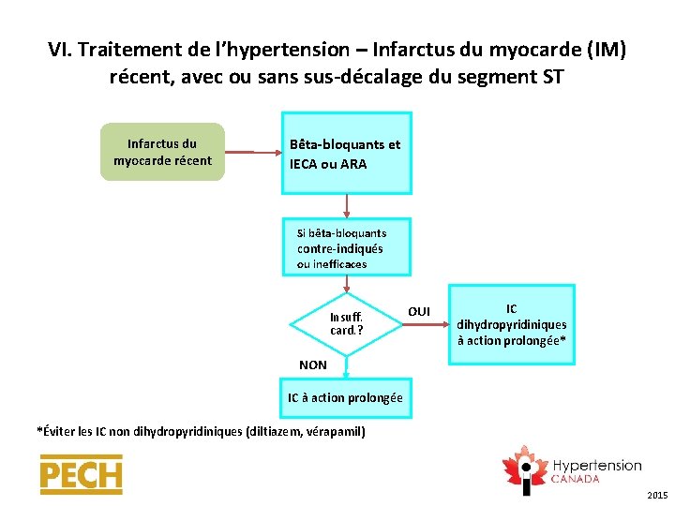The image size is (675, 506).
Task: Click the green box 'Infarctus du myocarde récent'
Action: click(x=162, y=152)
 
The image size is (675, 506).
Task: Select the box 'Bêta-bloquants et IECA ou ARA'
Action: click(x=346, y=154)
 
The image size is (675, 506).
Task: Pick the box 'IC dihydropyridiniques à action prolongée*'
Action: click(x=511, y=324)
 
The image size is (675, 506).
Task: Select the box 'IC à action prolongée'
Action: click(x=345, y=398)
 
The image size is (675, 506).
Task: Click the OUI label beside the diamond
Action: click(x=419, y=311)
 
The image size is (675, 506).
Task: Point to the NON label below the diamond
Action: click(x=312, y=365)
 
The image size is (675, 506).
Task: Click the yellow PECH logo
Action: click(x=81, y=475)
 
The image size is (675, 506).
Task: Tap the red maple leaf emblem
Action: click(x=525, y=469)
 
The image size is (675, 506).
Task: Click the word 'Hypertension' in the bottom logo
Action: click(x=596, y=466)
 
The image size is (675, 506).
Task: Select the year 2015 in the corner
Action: click(x=657, y=494)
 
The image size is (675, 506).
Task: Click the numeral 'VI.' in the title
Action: click(x=61, y=50)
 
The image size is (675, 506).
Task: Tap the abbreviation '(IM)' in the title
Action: click(x=605, y=50)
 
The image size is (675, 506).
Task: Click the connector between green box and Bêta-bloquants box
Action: click(x=253, y=152)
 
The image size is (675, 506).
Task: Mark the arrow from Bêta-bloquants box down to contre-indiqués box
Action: click(x=347, y=206)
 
